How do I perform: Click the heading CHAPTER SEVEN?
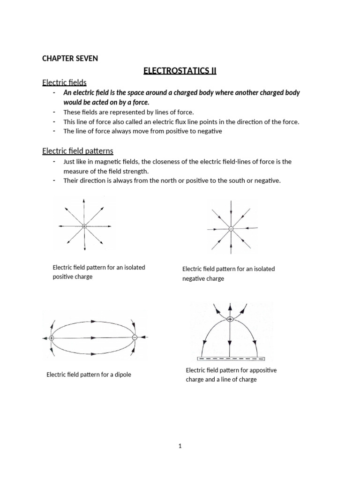click(x=70, y=59)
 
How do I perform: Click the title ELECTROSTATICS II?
click(x=180, y=71)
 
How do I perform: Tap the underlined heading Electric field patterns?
click(x=77, y=151)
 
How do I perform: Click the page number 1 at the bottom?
click(x=180, y=446)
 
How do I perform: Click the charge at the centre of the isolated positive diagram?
click(x=84, y=226)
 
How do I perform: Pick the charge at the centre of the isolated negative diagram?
click(x=231, y=228)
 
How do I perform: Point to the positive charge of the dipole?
click(x=52, y=337)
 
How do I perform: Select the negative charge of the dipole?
click(x=135, y=337)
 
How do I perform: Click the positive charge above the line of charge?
click(x=230, y=319)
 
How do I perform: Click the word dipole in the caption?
click(x=121, y=375)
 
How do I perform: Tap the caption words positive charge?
click(x=72, y=277)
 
